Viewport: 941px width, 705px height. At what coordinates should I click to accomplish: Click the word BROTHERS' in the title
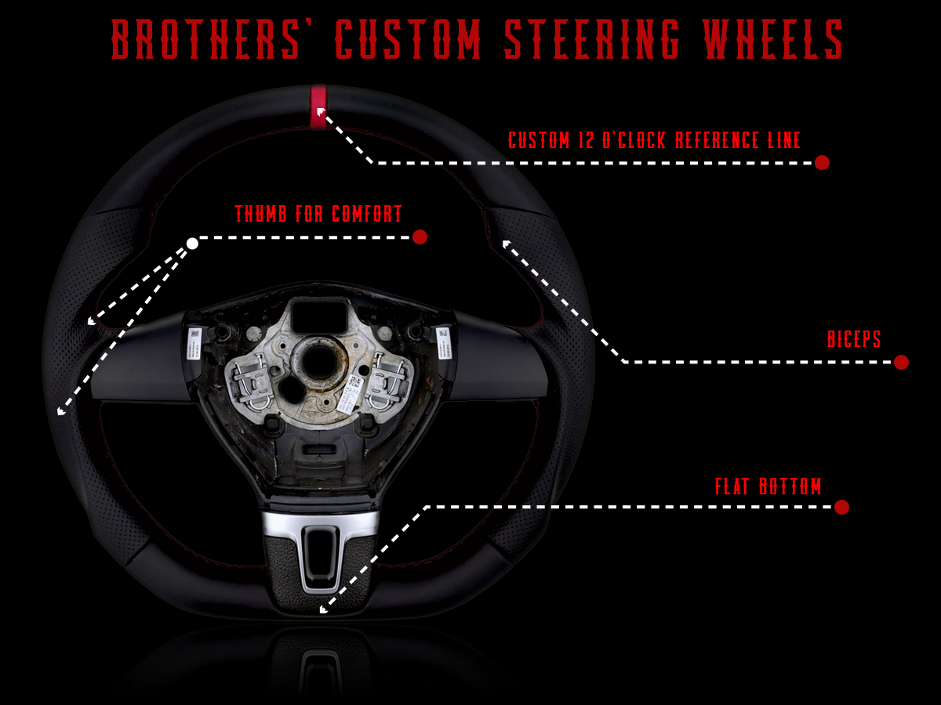(x=205, y=38)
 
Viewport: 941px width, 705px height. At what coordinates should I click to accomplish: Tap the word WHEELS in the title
(x=773, y=38)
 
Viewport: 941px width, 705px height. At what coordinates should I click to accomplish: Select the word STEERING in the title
(x=591, y=38)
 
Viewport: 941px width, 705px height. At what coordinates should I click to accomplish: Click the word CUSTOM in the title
(x=408, y=38)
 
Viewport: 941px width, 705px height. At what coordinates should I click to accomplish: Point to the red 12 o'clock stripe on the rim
(x=318, y=107)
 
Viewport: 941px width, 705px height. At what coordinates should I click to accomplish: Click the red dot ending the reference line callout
(x=822, y=163)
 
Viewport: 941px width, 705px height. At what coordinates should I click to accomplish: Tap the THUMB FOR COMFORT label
(x=318, y=214)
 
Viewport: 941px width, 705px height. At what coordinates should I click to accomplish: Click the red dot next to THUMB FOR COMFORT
(x=420, y=237)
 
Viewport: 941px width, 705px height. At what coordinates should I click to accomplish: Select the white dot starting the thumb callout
(x=192, y=244)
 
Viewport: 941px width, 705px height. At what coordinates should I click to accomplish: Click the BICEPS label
(x=853, y=339)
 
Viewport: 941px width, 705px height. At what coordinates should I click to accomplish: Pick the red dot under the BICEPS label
(x=901, y=362)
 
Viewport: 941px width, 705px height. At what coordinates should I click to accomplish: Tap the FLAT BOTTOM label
(x=768, y=486)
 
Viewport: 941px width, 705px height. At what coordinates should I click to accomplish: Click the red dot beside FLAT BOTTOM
(x=841, y=507)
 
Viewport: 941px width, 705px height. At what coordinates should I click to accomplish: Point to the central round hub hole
(x=318, y=362)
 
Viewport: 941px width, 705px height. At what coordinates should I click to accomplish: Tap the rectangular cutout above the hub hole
(x=319, y=316)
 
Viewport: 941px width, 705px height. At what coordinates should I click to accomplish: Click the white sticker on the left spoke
(x=194, y=344)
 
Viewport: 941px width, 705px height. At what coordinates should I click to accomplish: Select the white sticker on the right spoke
(x=443, y=343)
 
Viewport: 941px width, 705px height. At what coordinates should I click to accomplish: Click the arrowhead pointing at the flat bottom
(x=324, y=609)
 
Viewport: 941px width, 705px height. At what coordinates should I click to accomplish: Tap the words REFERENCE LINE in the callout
(x=737, y=140)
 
